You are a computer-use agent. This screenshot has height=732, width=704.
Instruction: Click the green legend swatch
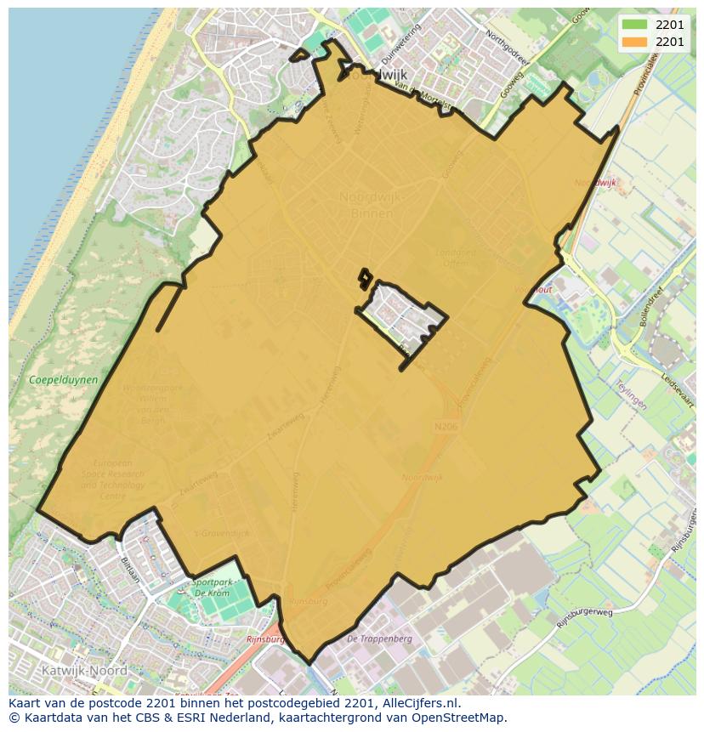633,25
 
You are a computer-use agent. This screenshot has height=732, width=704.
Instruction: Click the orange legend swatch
633,42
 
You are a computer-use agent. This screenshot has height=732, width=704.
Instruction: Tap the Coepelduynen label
63,380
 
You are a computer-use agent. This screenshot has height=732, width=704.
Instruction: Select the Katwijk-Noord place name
84,670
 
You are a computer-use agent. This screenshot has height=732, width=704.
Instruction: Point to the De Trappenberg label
379,638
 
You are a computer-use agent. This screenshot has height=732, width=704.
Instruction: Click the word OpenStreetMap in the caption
459,718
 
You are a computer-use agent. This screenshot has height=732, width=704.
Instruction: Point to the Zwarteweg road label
197,480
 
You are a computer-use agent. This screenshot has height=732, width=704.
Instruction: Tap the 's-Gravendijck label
223,533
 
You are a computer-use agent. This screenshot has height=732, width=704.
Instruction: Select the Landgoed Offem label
457,258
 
